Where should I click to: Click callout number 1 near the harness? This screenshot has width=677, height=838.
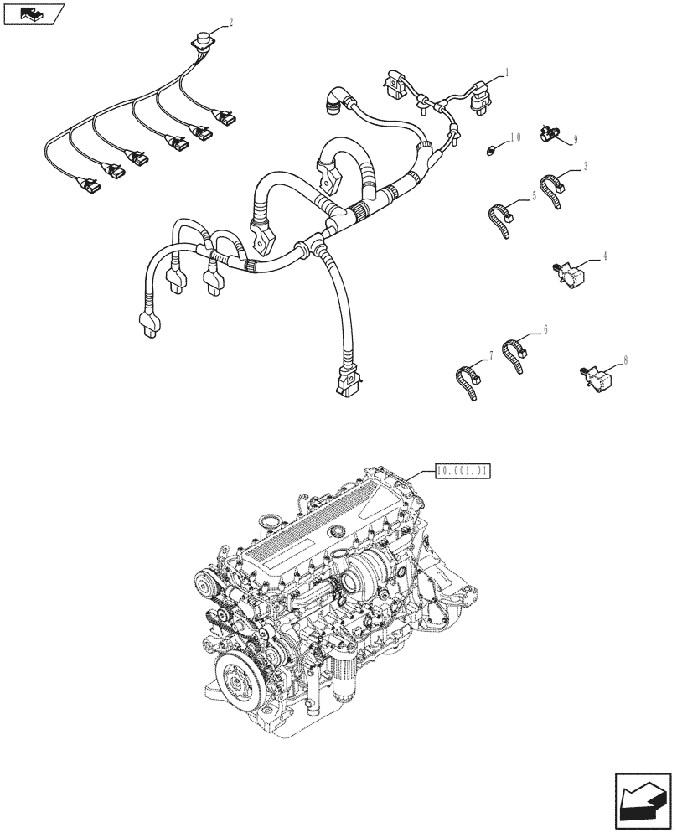click(507, 73)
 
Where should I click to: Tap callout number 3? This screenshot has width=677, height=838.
click(584, 166)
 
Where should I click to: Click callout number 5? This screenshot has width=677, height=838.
click(533, 198)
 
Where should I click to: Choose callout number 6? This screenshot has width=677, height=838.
click(545, 330)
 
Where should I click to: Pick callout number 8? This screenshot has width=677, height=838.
click(626, 361)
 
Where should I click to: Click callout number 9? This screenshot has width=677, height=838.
click(576, 139)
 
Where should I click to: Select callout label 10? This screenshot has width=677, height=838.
click(515, 136)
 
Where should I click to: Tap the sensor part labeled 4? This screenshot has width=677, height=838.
click(569, 272)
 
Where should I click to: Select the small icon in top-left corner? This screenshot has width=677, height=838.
click(34, 13)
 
